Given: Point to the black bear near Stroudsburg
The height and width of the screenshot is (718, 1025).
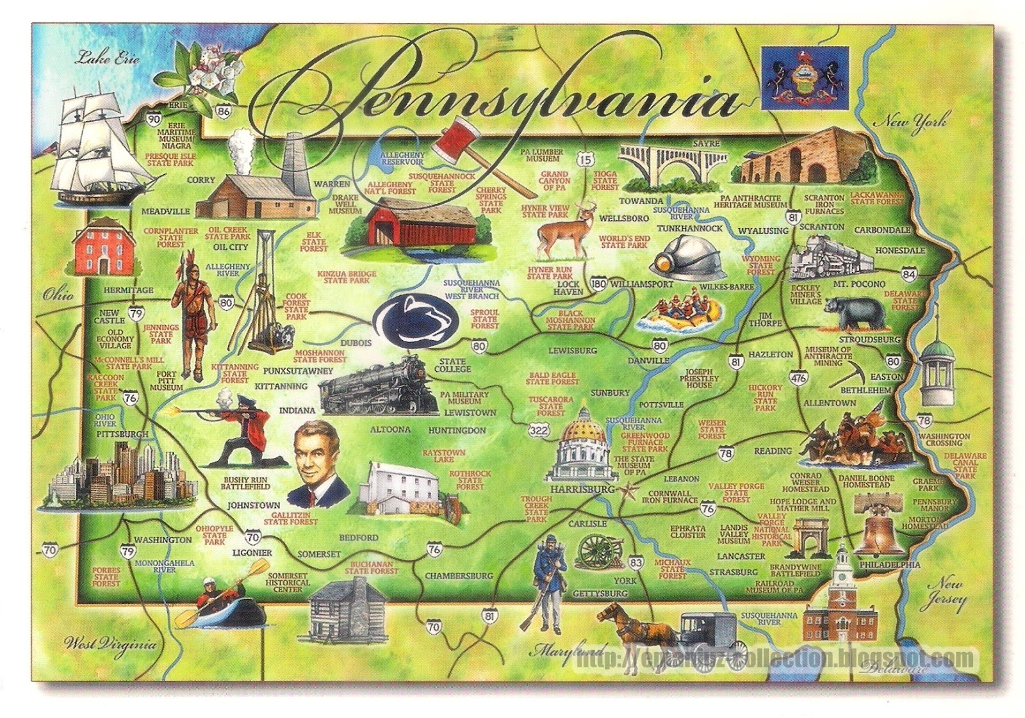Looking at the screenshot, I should click(x=855, y=312).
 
